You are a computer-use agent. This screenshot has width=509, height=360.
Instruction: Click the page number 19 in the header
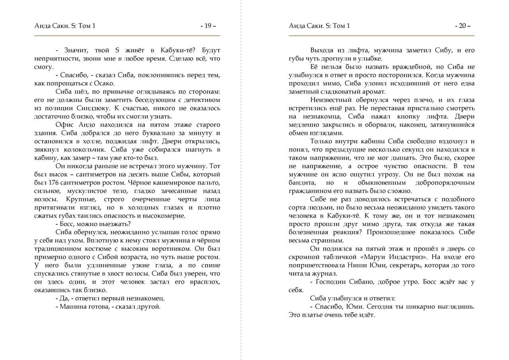tap(208, 26)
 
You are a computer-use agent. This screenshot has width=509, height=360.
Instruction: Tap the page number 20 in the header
tap(462, 26)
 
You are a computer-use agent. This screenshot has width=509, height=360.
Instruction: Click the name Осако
tap(105, 83)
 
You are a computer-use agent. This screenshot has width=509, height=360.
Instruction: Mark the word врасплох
tap(204, 282)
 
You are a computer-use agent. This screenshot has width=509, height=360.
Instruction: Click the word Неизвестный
tap(330, 100)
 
